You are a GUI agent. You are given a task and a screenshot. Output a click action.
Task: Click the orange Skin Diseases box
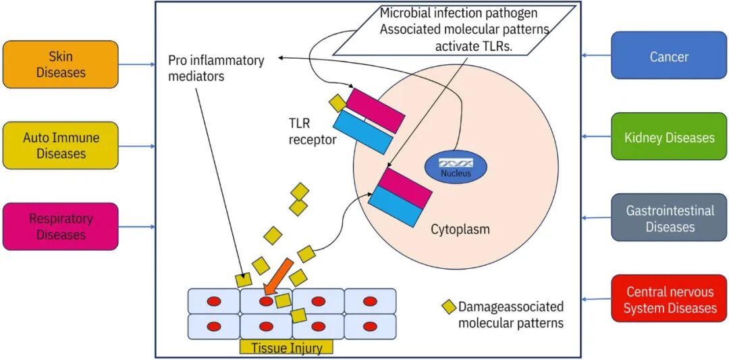point(61,64)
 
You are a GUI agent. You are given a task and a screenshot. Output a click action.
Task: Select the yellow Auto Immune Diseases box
point(61,145)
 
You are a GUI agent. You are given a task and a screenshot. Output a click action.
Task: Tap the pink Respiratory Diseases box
point(61,226)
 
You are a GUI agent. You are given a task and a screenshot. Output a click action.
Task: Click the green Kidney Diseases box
point(669,137)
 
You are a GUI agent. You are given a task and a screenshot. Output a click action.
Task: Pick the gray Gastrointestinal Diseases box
point(669,218)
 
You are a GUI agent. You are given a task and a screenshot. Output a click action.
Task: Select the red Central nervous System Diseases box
point(669,299)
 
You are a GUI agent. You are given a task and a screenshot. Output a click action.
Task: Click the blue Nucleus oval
point(456,165)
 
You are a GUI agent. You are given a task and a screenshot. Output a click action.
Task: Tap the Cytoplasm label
point(460,230)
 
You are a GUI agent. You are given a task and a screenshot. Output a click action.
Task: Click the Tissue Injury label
point(286,349)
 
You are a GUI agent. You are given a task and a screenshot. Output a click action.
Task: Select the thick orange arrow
point(278,276)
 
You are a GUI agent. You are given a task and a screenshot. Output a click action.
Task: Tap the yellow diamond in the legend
point(449,307)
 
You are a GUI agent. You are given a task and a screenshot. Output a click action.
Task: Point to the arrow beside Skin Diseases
point(137,65)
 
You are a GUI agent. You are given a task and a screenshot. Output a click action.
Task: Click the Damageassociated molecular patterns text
point(510,315)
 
